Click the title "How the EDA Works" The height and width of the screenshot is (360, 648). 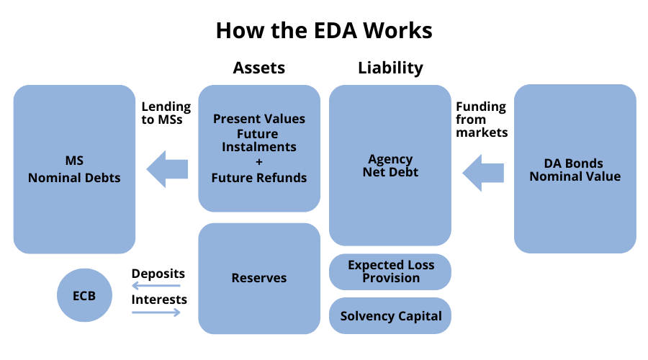pyautogui.click(x=324, y=30)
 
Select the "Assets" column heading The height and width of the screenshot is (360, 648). pyautogui.click(x=259, y=68)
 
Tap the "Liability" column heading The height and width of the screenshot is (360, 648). pyautogui.click(x=390, y=68)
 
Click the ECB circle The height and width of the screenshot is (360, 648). pyautogui.click(x=84, y=295)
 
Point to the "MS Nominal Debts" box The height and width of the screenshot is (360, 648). pyautogui.click(x=74, y=169)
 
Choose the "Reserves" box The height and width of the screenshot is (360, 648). pyautogui.click(x=259, y=278)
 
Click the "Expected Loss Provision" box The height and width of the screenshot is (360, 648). pyautogui.click(x=390, y=271)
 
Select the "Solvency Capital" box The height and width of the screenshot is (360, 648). pyautogui.click(x=390, y=316)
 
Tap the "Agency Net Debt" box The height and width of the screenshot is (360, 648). pyautogui.click(x=390, y=166)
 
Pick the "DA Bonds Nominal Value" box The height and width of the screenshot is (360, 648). pyautogui.click(x=575, y=168)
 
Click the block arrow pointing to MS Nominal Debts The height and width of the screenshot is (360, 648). pyautogui.click(x=167, y=169)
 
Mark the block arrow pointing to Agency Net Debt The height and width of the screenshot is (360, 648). pyautogui.click(x=482, y=173)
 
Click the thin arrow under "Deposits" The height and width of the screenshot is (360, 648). pyautogui.click(x=156, y=286)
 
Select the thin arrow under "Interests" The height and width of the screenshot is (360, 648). pyautogui.click(x=156, y=312)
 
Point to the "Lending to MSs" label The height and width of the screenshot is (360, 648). pyautogui.click(x=166, y=113)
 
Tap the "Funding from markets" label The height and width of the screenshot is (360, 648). pyautogui.click(x=482, y=120)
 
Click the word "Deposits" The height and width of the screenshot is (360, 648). pyautogui.click(x=158, y=274)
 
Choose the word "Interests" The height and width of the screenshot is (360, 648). pyautogui.click(x=159, y=300)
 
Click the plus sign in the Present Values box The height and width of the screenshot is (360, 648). pyautogui.click(x=259, y=162)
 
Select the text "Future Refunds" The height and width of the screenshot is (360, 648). pyautogui.click(x=259, y=178)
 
